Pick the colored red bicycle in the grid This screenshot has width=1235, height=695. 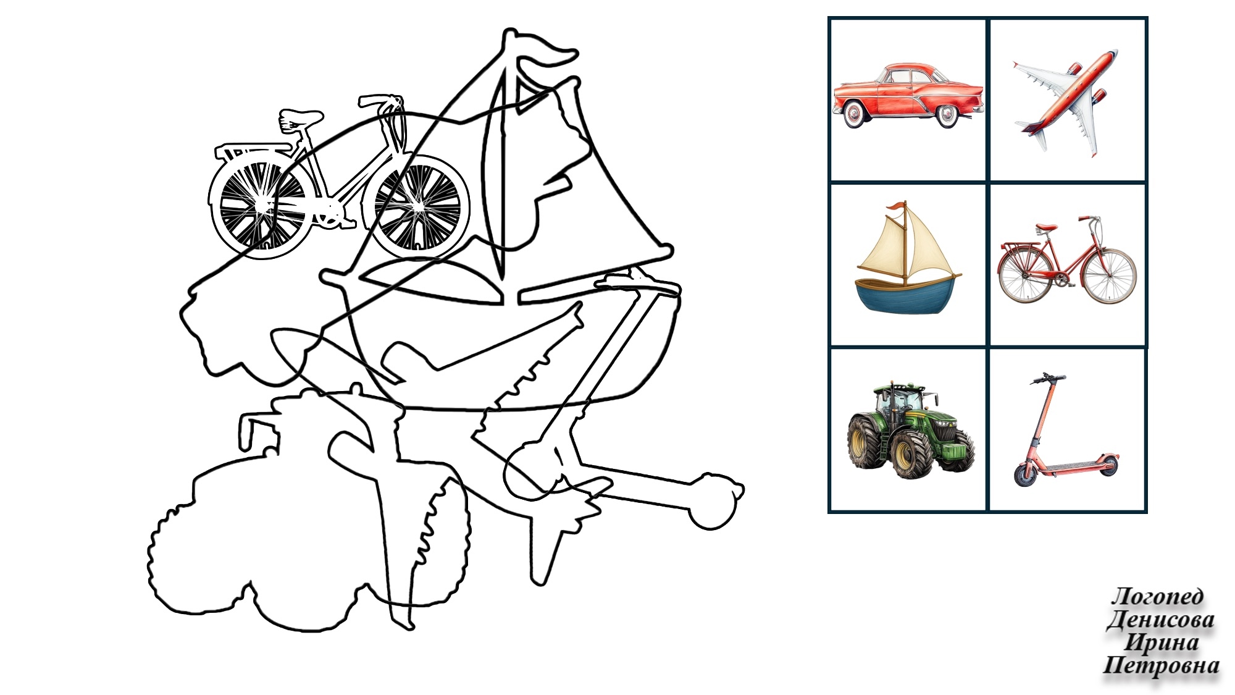(x=1068, y=259)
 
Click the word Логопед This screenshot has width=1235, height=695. (x=1157, y=596)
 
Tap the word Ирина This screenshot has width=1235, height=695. (x=1162, y=642)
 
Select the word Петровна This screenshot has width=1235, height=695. (x=1161, y=665)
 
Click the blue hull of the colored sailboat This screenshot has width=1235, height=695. (x=905, y=297)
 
